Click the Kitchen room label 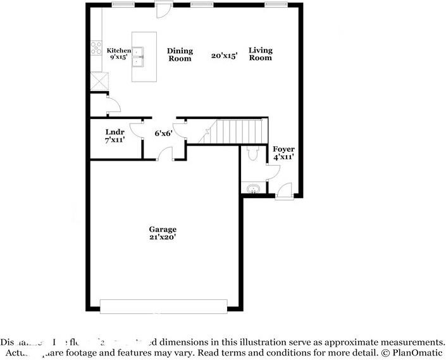click(118, 51)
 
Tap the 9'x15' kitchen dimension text click(118, 58)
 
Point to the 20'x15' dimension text click(224, 56)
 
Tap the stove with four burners click(97, 47)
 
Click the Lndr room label click(115, 132)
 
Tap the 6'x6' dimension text click(164, 133)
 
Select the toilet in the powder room click(252, 153)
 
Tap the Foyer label click(283, 149)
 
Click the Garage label click(163, 229)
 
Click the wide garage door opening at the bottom click(163, 308)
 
